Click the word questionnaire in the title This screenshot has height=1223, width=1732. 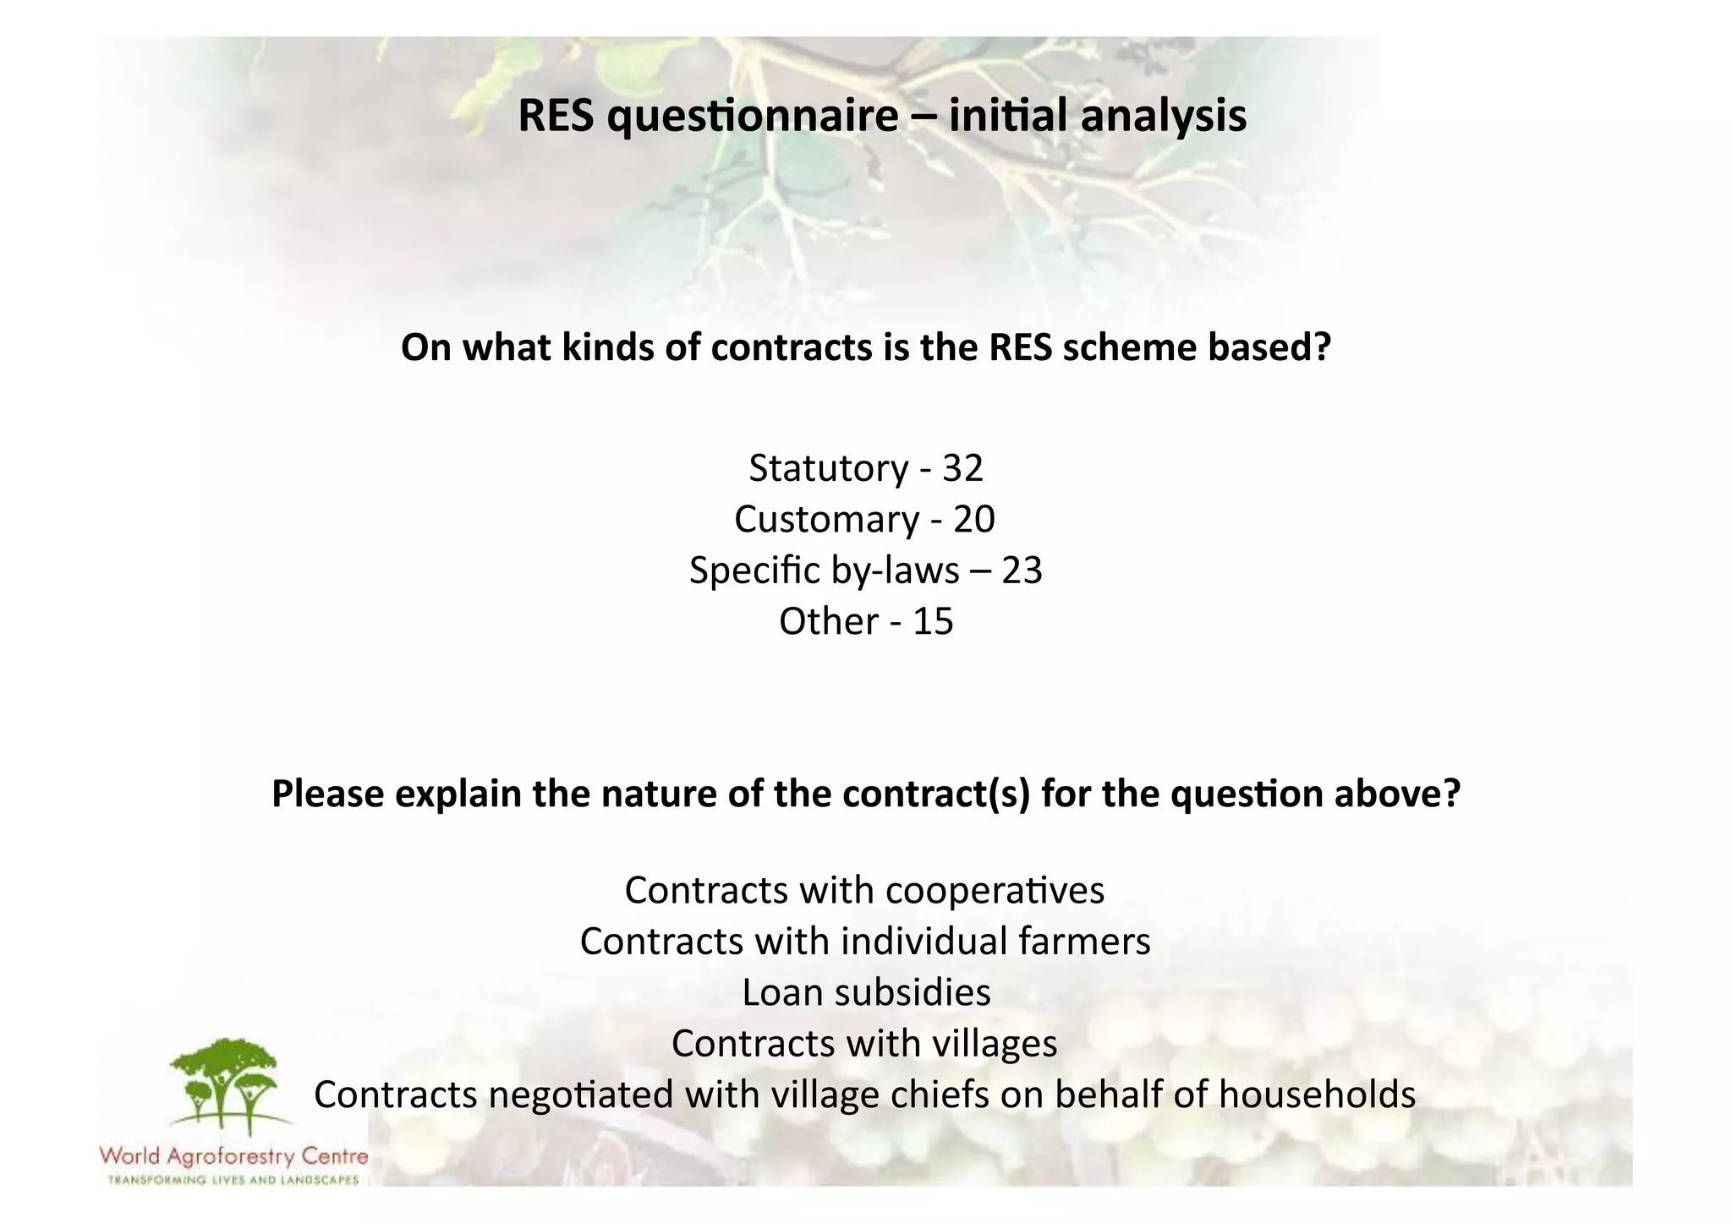[x=753, y=117]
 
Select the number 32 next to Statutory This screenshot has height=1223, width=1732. [x=963, y=468]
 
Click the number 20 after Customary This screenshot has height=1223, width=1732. [x=974, y=519]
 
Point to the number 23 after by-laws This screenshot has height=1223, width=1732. [x=1022, y=571]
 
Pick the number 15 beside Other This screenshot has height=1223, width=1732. [x=934, y=621]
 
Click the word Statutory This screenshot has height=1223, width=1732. [x=827, y=468]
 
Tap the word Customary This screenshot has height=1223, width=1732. [x=826, y=520]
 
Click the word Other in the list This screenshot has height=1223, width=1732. [x=829, y=621]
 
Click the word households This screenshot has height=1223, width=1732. [x=1317, y=1095]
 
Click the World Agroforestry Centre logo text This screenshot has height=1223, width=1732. [x=233, y=1155]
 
